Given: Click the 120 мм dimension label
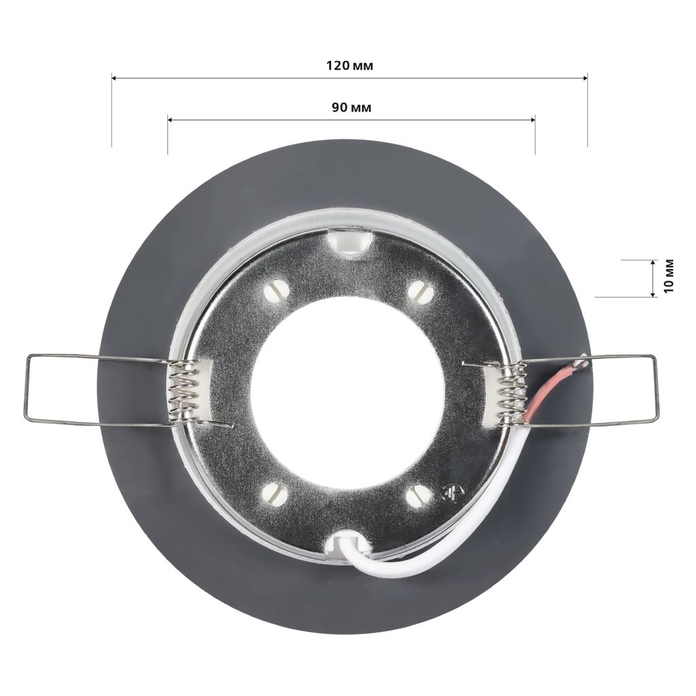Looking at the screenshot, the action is click(350, 66).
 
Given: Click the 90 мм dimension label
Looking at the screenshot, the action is click(351, 107).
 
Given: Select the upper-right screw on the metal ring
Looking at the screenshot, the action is click(419, 292).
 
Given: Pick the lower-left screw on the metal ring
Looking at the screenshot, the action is click(276, 493).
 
